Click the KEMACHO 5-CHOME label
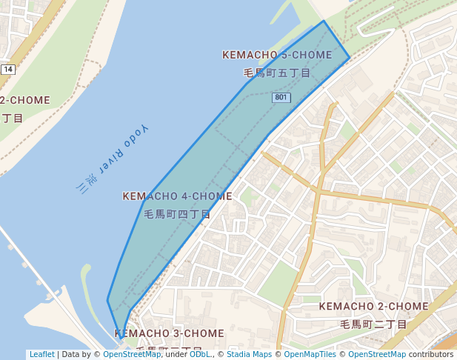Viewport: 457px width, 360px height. pos(277,56)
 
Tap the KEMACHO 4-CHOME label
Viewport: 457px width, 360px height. pos(177,196)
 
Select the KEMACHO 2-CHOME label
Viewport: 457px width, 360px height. pos(373,307)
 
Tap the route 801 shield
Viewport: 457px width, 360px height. pos(281,98)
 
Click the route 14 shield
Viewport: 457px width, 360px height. pos(8,69)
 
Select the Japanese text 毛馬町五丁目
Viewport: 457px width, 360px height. pos(277,73)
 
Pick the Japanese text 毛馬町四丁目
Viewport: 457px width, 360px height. pos(177,214)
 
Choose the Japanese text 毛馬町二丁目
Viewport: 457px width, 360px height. pos(373,324)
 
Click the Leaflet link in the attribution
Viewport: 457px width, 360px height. pos(41,355)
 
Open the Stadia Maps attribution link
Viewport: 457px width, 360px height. pos(249,355)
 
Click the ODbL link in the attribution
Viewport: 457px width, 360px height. pos(201,355)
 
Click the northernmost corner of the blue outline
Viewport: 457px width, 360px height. pos(324,21)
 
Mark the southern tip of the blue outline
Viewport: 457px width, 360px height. pos(123,338)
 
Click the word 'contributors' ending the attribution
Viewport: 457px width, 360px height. pos(430,355)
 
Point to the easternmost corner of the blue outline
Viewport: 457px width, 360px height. pos(350,57)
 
